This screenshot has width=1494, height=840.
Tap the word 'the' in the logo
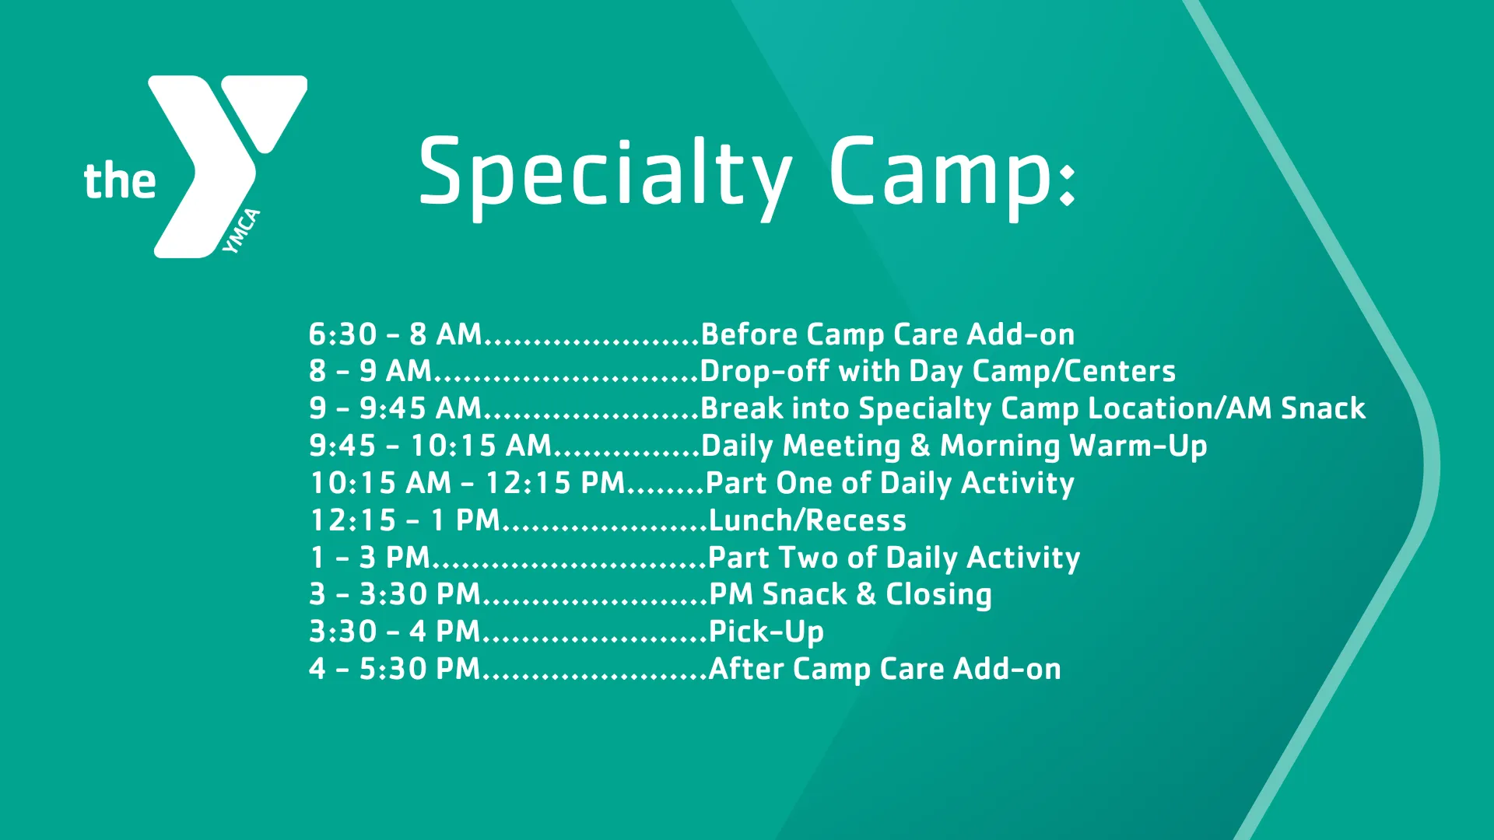point(120,180)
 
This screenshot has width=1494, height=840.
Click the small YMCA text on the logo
point(241,231)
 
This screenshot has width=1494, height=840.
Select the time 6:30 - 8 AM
point(395,334)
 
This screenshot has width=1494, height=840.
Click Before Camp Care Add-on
point(887,334)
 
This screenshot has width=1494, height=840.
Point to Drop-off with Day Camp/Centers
point(937,371)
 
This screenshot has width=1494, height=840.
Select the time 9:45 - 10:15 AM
point(430,446)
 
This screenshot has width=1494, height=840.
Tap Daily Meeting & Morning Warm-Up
point(953,446)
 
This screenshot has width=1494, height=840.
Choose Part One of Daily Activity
point(889,483)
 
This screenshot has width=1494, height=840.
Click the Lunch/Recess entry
point(807,520)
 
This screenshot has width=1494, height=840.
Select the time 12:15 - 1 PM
point(405,520)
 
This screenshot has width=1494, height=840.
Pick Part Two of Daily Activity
point(893,558)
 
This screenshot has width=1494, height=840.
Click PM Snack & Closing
point(850,594)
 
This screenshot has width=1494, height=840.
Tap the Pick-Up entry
point(766,632)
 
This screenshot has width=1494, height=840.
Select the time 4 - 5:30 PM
point(395,669)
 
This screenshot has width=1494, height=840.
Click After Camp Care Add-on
point(884,669)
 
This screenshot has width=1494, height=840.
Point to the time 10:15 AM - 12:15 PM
point(467,483)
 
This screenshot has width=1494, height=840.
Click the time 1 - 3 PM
point(370,558)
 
